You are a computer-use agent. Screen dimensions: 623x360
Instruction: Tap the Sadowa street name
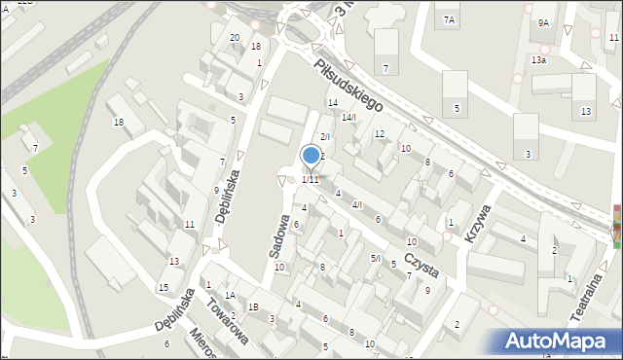[x=278, y=236]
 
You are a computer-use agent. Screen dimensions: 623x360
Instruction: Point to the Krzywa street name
[x=477, y=223]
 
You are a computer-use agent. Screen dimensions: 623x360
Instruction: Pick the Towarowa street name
[x=228, y=322]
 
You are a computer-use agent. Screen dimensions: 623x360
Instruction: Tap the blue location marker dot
[x=311, y=155]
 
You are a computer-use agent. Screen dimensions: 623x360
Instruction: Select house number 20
[x=235, y=38]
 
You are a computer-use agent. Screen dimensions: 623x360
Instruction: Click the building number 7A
[x=449, y=19]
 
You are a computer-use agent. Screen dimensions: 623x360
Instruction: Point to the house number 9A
[x=543, y=22]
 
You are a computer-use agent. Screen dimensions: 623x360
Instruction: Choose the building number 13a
[x=538, y=59]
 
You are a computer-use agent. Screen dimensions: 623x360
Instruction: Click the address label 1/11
[x=310, y=179]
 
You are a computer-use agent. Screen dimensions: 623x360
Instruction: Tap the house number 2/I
[x=326, y=136]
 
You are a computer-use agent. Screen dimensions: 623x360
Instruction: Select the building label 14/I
[x=348, y=118]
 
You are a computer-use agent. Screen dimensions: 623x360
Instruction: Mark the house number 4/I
[x=357, y=204]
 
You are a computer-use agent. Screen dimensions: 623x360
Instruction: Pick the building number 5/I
[x=375, y=258]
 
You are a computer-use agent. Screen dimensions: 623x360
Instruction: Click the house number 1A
[x=230, y=295]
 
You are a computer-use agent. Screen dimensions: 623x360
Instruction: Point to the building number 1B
[x=253, y=307]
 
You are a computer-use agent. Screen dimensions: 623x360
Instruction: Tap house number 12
[x=380, y=133]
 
